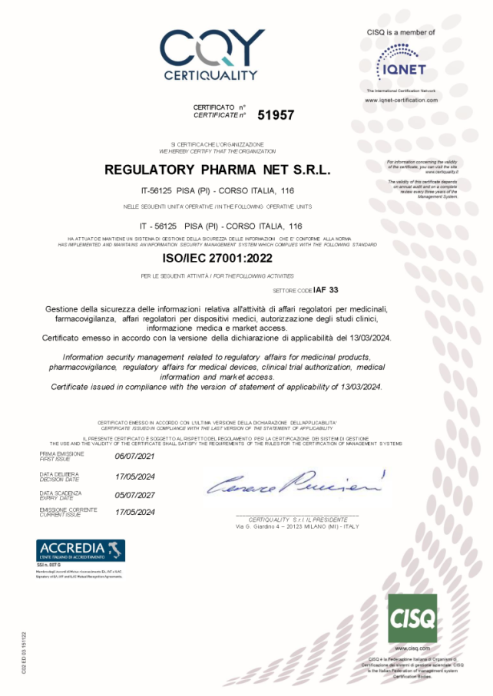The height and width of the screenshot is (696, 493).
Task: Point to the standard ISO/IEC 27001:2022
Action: click(x=218, y=260)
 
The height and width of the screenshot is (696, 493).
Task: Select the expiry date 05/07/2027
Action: click(x=134, y=495)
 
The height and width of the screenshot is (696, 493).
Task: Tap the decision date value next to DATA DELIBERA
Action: click(x=134, y=476)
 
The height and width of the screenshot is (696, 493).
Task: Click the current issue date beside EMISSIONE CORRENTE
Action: click(x=134, y=512)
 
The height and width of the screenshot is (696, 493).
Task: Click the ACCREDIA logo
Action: click(x=81, y=550)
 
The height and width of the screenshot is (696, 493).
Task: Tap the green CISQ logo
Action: click(x=412, y=618)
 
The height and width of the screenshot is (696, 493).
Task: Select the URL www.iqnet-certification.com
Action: click(x=401, y=101)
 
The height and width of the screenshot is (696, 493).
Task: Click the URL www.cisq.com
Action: click(x=413, y=648)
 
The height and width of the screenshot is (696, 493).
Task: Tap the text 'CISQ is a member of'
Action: click(x=401, y=32)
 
